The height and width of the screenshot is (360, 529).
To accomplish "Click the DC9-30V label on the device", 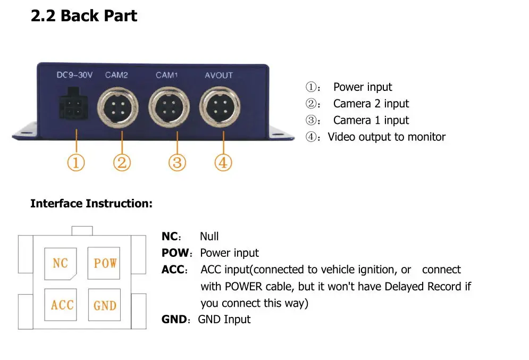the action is pos(74,75).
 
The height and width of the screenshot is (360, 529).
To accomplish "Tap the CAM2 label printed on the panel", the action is pos(116,75).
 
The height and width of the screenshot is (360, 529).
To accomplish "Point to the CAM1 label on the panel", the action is pos(166,75).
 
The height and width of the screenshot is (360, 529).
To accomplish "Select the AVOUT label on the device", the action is pos(219,75).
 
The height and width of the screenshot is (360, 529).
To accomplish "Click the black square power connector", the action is pos(73,104).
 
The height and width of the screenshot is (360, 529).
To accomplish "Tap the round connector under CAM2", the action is pos(117,107).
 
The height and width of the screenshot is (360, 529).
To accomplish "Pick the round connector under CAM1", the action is pos(169,107).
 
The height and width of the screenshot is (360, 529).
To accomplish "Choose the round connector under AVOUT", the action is pos(220,107).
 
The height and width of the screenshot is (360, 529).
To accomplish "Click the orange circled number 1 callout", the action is pos(76,162).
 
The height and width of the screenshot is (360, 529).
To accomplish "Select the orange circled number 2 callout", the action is pos(122,162).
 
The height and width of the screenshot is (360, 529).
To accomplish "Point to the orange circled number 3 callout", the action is pos(177,162).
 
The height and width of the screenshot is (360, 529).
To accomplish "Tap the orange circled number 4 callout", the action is pos(223,162).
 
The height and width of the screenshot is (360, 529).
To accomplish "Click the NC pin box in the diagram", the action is pos(61,264).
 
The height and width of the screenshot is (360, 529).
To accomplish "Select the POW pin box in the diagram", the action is pos(104,263).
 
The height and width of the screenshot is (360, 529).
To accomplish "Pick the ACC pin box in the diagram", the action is pos(61,305).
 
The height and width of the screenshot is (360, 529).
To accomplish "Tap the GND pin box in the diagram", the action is pos(104,305).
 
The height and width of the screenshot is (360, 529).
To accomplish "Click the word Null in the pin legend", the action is pos(209,236).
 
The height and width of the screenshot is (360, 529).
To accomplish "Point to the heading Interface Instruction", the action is pos(91,204).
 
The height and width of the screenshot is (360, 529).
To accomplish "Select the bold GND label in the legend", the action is pos(174,319).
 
